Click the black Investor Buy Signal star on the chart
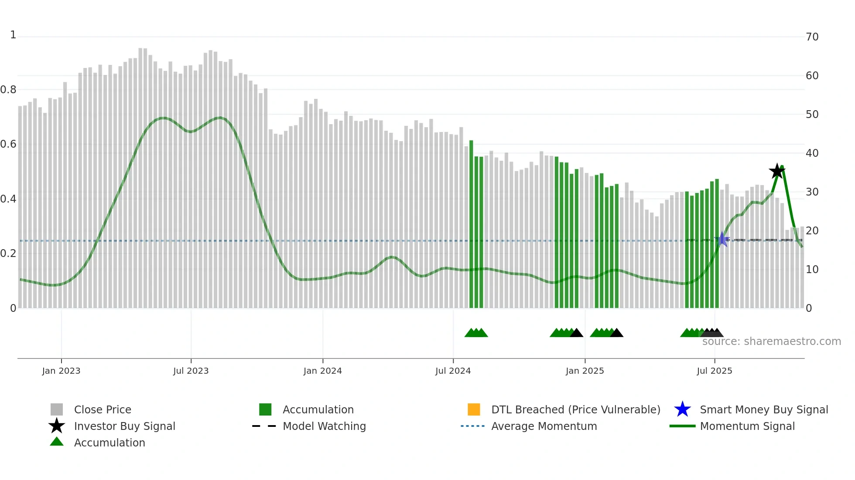(776, 171)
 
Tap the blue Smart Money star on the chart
(722, 239)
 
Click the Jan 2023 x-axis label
(61, 371)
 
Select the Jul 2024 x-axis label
(453, 371)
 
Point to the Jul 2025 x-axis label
(714, 371)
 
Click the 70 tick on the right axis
(812, 37)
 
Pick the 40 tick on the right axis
(812, 153)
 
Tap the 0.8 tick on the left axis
(8, 90)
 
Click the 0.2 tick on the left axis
(8, 254)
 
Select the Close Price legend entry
(102, 409)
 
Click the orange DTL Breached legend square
(474, 409)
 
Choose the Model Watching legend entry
(324, 426)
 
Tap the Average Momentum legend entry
(544, 426)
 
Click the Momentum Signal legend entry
(747, 426)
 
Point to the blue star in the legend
(682, 409)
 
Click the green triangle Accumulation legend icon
(57, 442)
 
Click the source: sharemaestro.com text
(771, 341)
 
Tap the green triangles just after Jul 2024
(476, 333)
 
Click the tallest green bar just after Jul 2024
(471, 224)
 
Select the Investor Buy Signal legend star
(57, 426)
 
